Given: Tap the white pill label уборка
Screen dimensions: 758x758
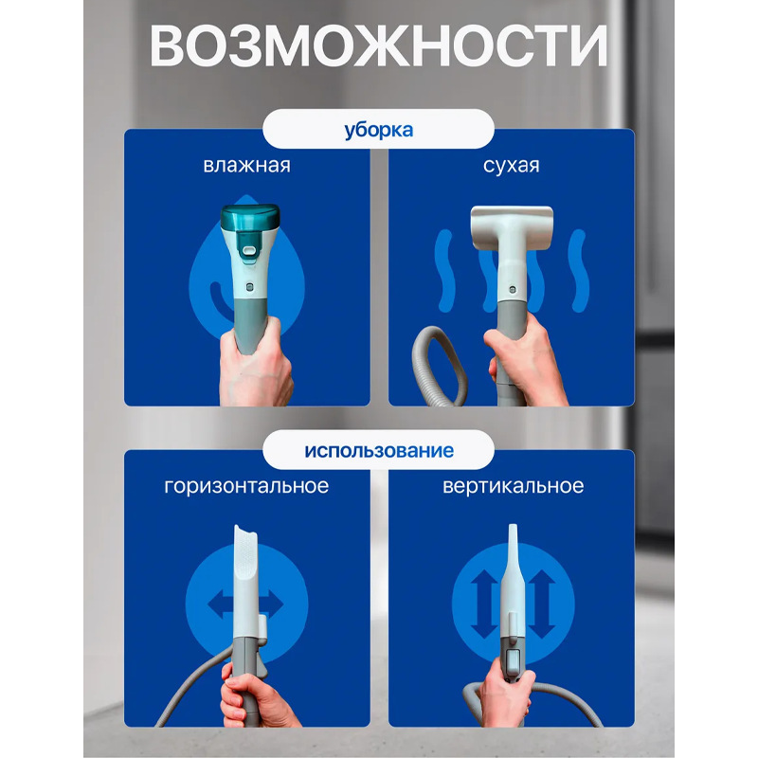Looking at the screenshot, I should coord(378,130).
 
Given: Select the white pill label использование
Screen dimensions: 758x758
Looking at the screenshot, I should coord(378,449).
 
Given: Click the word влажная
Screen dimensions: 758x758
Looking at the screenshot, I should coord(246,166).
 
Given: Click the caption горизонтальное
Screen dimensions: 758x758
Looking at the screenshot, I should coord(246,486).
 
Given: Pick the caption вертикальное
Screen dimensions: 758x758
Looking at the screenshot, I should coord(513,486).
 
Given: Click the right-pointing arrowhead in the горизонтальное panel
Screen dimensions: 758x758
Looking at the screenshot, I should coord(278,604).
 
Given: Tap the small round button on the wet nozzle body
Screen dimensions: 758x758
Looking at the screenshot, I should coord(248,284).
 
